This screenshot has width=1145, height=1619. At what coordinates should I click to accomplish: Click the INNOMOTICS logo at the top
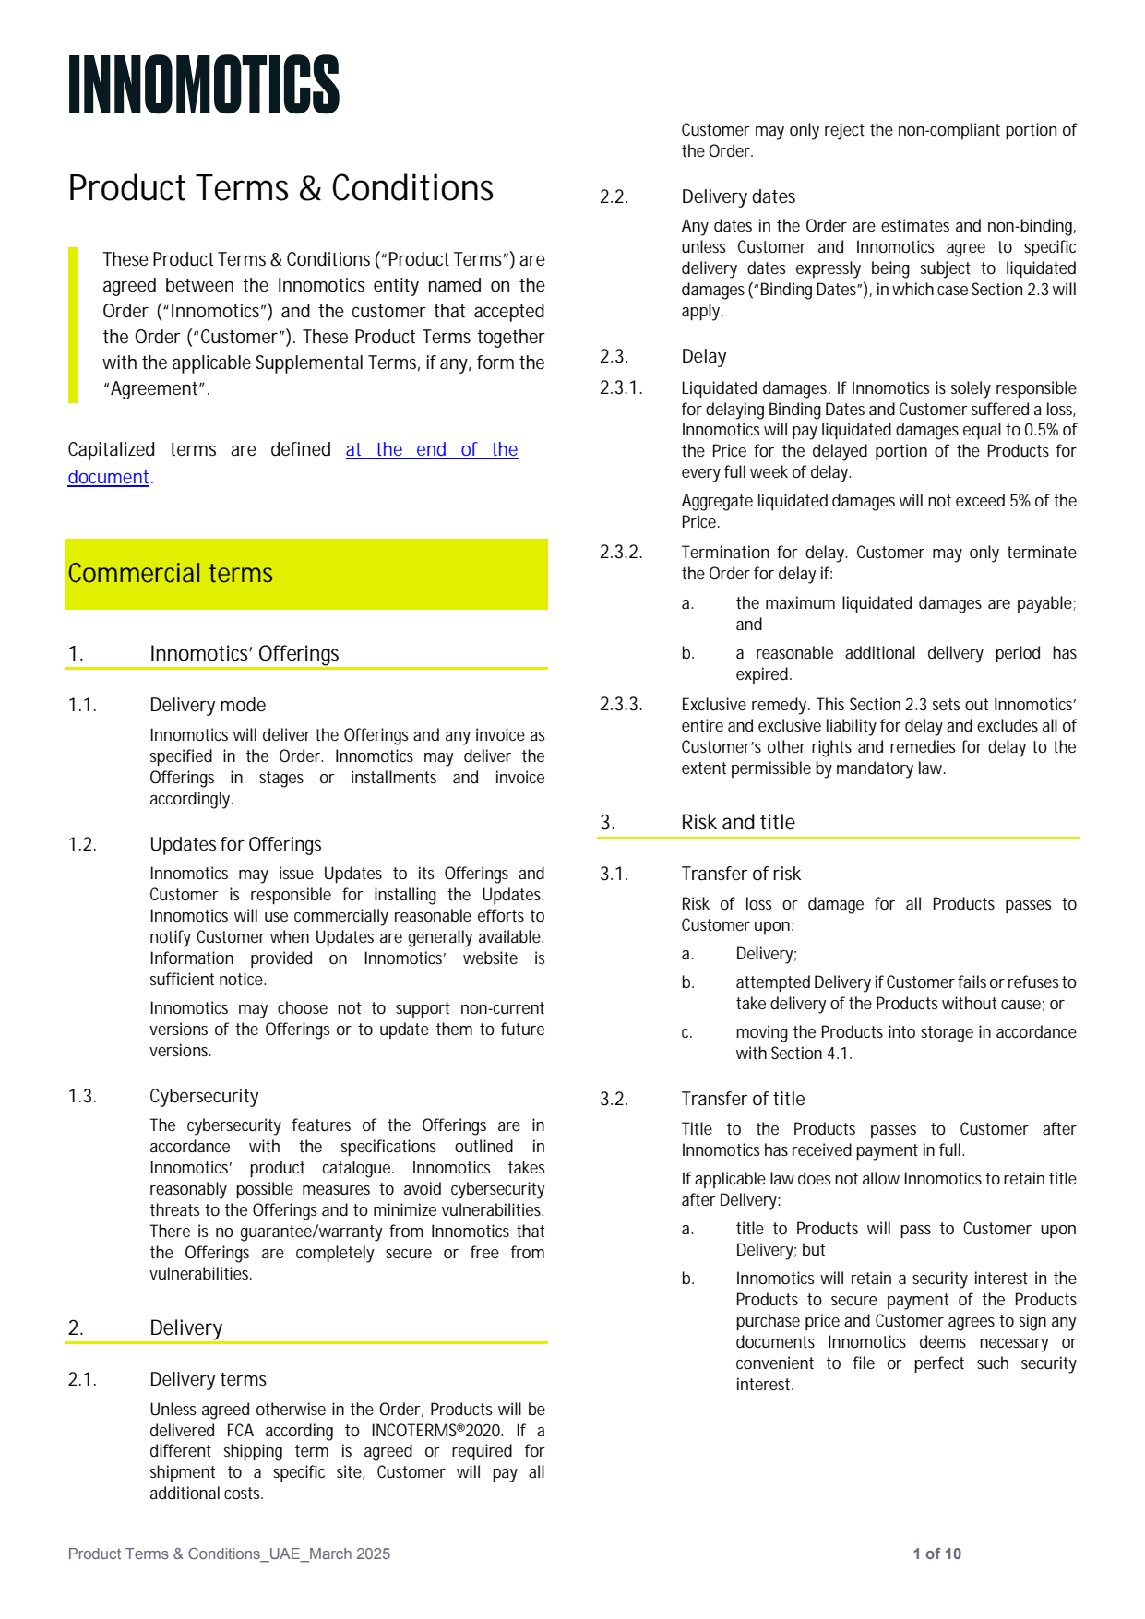pyautogui.click(x=204, y=84)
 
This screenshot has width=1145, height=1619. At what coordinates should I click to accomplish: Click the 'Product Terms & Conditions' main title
pyautogui.click(x=280, y=188)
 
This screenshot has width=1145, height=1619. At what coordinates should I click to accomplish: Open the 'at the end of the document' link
pyautogui.click(x=431, y=450)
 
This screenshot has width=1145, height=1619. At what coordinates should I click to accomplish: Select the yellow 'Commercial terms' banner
pyautogui.click(x=305, y=574)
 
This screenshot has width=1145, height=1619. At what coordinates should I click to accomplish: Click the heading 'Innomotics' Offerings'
pyautogui.click(x=244, y=654)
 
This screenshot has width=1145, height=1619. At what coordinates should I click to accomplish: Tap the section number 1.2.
pyautogui.click(x=82, y=845)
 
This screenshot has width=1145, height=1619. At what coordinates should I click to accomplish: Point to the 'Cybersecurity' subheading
pyautogui.click(x=204, y=1097)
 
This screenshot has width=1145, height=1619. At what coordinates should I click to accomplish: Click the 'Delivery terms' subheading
pyautogui.click(x=208, y=1380)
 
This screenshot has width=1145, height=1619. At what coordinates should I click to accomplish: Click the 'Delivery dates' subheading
pyautogui.click(x=738, y=197)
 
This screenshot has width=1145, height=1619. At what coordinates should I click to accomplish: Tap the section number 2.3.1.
pyautogui.click(x=621, y=388)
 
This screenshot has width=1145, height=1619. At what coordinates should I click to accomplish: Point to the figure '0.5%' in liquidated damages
pyautogui.click(x=1042, y=431)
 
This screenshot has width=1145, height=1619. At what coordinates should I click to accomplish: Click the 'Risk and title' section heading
pyautogui.click(x=737, y=823)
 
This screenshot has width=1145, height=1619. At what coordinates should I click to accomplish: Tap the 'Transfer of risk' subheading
pyautogui.click(x=741, y=875)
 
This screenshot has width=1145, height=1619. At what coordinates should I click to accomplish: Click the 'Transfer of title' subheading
pyautogui.click(x=743, y=1100)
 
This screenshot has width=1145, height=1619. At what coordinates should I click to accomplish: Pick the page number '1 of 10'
pyautogui.click(x=936, y=1554)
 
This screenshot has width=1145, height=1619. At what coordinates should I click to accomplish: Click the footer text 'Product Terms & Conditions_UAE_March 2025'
pyautogui.click(x=229, y=1554)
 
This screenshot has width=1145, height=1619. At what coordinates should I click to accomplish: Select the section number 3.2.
pyautogui.click(x=614, y=1100)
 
